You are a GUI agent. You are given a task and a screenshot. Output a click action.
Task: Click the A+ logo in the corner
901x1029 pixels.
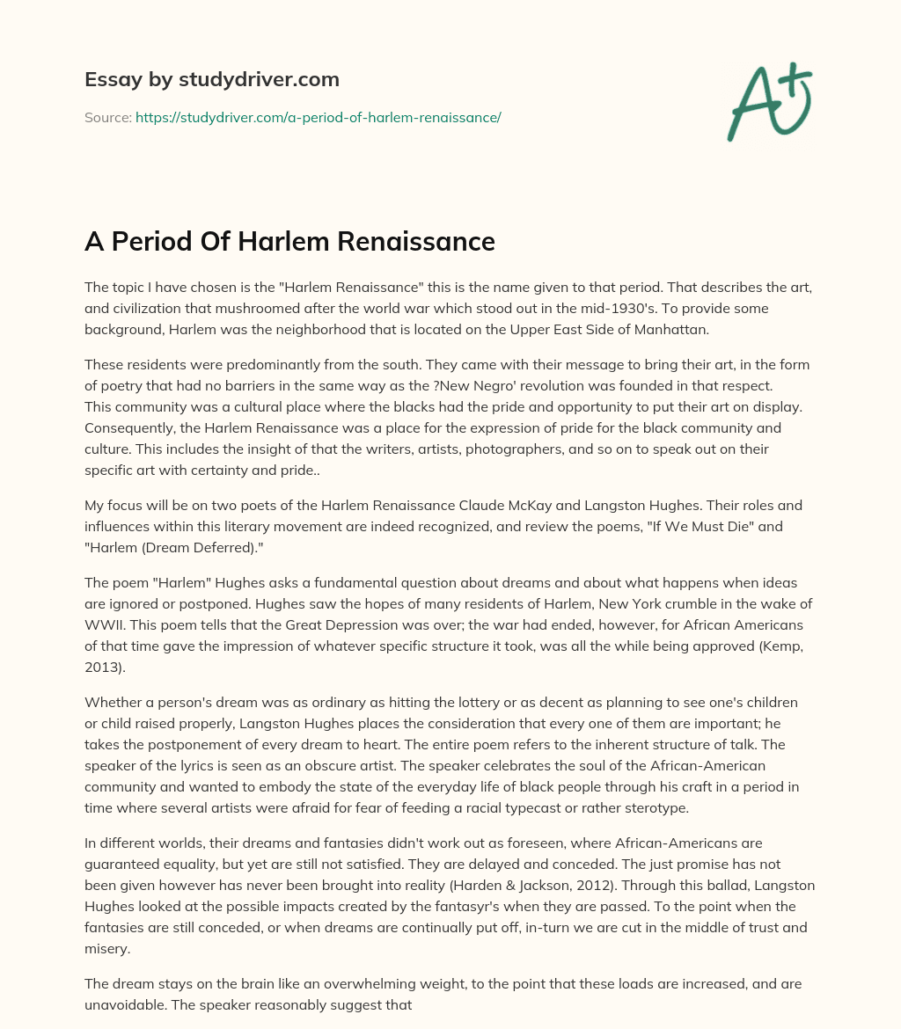pyautogui.click(x=768, y=102)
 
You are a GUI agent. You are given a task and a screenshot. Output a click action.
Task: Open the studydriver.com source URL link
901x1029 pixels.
pyautogui.click(x=318, y=117)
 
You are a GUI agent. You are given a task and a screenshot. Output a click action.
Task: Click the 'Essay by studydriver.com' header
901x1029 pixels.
pyautogui.click(x=211, y=80)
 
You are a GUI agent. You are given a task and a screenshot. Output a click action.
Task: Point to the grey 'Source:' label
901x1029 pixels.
pyautogui.click(x=107, y=117)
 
